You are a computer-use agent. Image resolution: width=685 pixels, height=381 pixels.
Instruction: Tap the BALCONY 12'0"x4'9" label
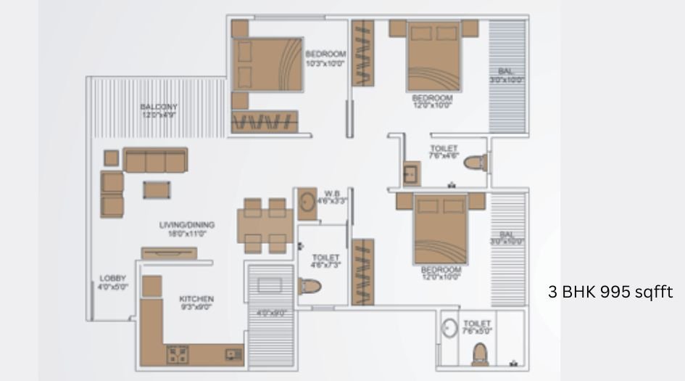tap(159, 110)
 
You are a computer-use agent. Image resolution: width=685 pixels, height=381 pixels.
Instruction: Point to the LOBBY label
tap(113, 282)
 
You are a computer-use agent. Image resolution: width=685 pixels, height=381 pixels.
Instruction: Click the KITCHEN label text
tap(196, 303)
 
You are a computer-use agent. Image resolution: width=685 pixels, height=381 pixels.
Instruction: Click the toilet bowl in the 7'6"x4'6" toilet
tap(475, 162)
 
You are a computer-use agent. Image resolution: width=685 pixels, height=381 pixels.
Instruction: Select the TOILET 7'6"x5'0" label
tap(477, 327)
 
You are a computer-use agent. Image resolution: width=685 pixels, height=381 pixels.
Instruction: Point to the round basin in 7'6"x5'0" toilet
tap(449, 327)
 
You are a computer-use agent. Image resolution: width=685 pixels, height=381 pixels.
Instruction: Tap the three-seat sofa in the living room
tap(155, 160)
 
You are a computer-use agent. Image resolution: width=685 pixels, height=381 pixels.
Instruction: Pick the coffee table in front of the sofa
tap(157, 189)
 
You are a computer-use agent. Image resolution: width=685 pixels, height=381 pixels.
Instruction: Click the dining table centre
tap(265, 225)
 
